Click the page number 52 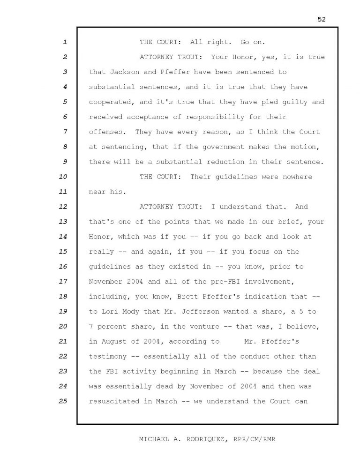click(321, 19)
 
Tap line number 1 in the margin click(65, 42)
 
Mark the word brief click(294, 222)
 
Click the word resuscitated click(114, 401)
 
